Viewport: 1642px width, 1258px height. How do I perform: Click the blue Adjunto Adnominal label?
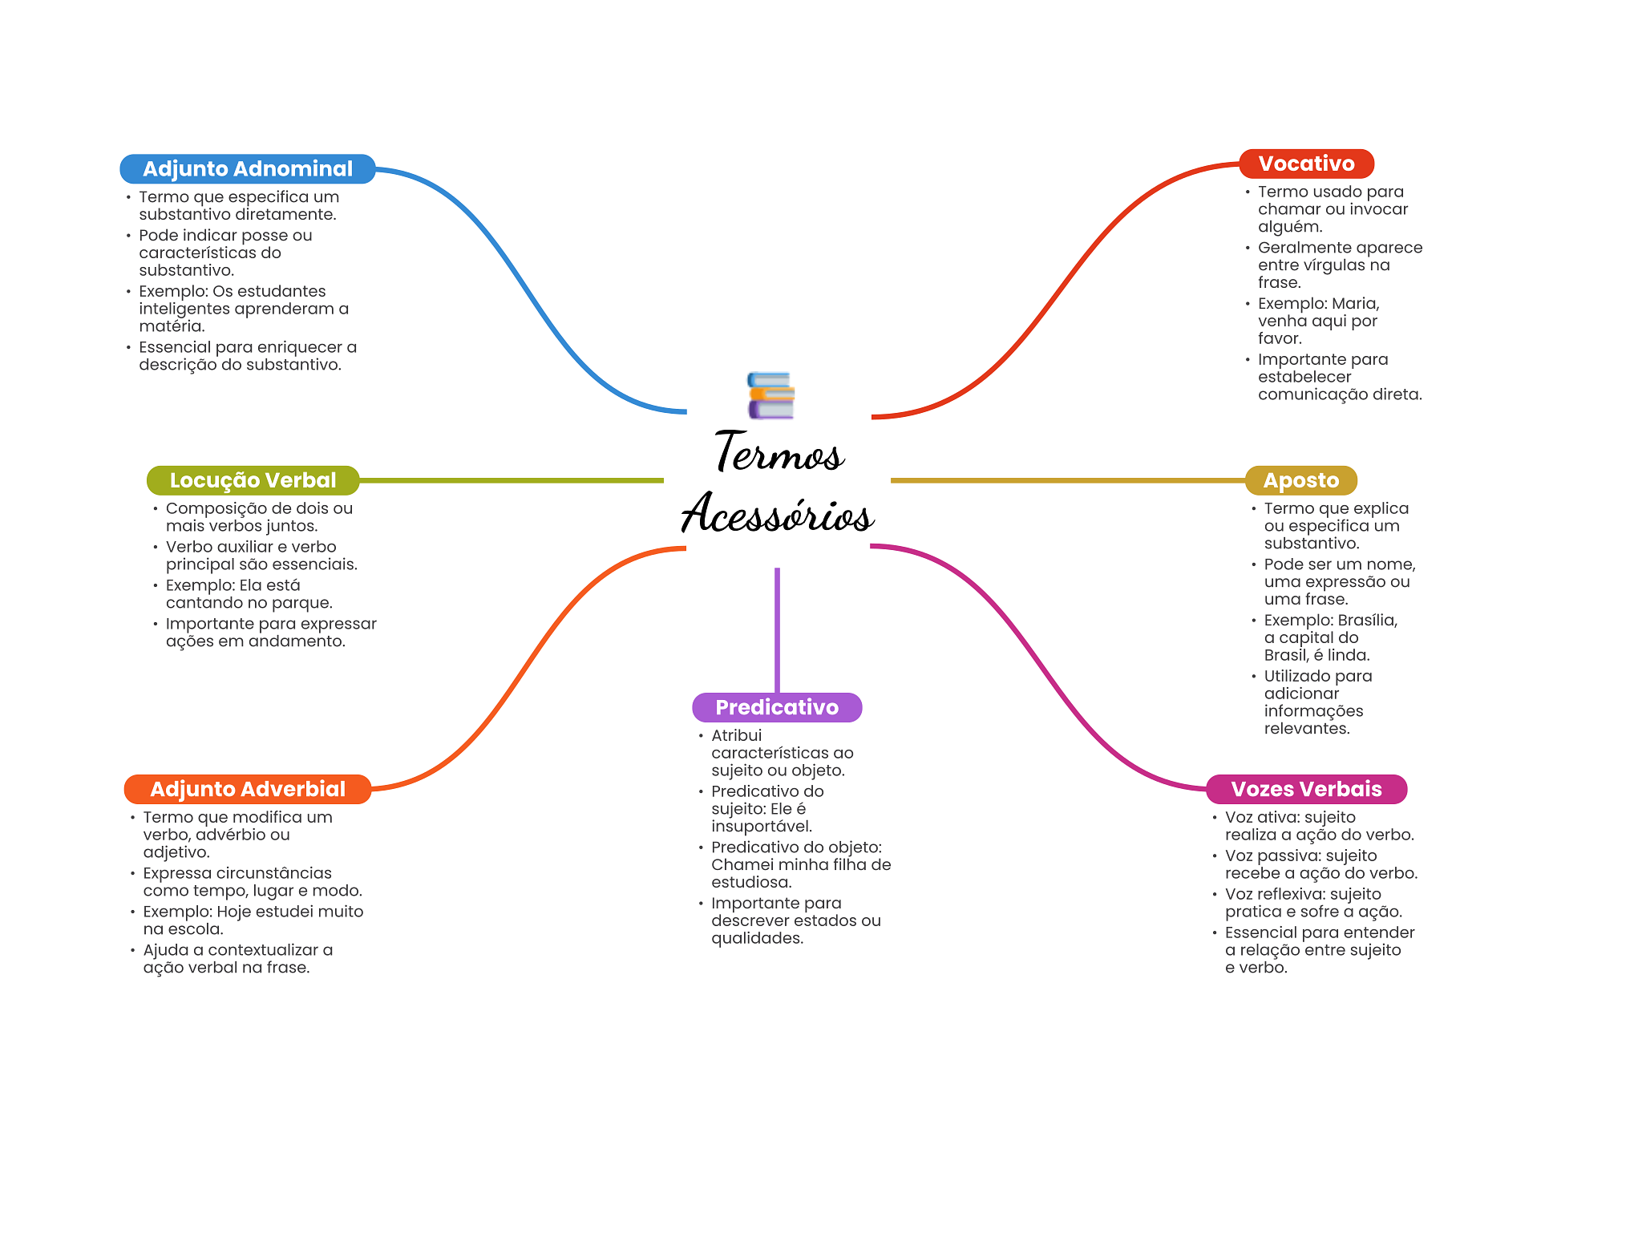point(248,168)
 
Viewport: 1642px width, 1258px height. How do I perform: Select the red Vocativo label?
point(1306,164)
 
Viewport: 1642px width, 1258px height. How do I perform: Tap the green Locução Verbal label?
point(253,480)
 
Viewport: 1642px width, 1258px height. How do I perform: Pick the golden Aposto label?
point(1300,480)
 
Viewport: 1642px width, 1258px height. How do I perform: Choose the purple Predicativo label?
point(777,707)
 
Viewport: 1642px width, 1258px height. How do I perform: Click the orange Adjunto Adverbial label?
point(248,789)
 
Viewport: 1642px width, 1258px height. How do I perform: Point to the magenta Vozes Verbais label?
point(1306,789)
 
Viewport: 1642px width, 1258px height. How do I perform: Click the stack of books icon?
point(770,395)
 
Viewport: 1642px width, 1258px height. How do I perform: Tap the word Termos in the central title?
point(779,451)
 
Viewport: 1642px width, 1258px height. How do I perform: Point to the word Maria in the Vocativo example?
point(1356,304)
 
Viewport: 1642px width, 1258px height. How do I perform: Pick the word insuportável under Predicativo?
point(762,826)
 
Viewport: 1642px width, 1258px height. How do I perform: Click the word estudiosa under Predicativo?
point(751,882)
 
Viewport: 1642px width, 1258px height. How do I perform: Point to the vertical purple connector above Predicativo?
point(777,630)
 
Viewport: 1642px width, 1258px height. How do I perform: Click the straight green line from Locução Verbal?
point(512,480)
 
